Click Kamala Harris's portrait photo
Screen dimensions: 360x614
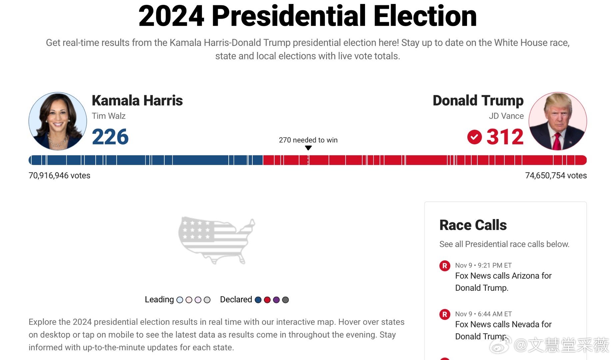click(58, 121)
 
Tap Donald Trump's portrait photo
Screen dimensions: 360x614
click(558, 121)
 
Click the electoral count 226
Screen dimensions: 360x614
click(110, 137)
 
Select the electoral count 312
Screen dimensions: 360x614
click(505, 137)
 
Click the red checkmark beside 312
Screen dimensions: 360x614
click(474, 137)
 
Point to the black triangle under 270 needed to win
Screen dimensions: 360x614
click(308, 148)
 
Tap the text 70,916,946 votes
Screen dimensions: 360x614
click(59, 176)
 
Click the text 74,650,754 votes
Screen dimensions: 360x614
click(556, 176)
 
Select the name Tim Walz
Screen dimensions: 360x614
click(109, 116)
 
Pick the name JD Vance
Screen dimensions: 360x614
click(506, 116)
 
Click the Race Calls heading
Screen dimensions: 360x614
click(473, 225)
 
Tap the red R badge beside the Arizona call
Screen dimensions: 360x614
click(445, 266)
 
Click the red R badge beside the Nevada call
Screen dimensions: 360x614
click(445, 314)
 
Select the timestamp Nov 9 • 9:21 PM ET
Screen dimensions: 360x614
click(483, 265)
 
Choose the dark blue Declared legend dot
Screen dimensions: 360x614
click(258, 300)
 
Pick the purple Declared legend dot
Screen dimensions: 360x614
click(276, 300)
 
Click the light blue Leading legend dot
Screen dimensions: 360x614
click(180, 300)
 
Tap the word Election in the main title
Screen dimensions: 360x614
click(425, 16)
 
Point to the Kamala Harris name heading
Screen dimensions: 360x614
click(137, 100)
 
